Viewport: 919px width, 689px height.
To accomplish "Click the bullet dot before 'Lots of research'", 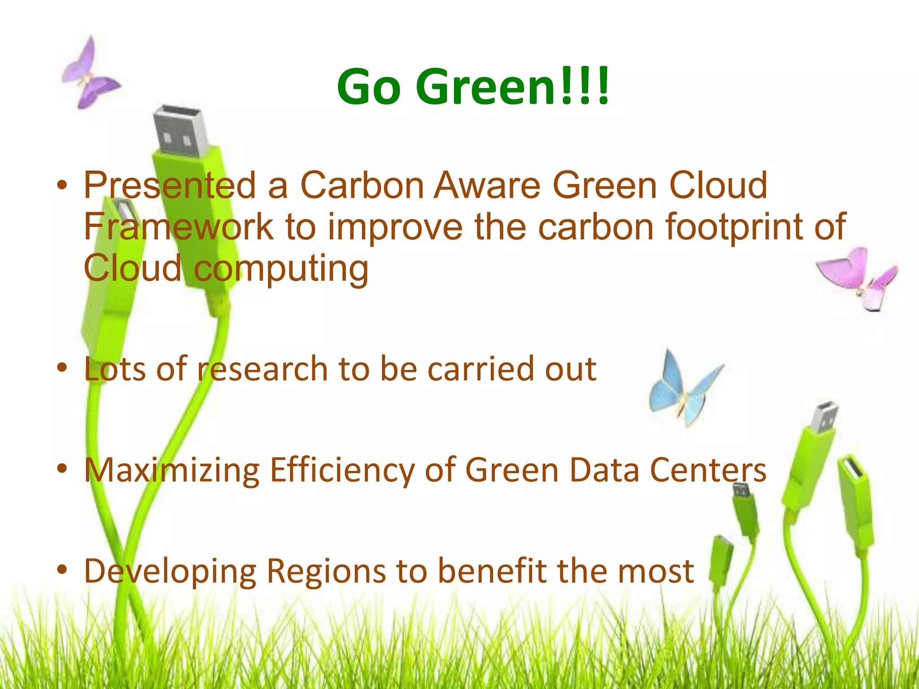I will pyautogui.click(x=62, y=368).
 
